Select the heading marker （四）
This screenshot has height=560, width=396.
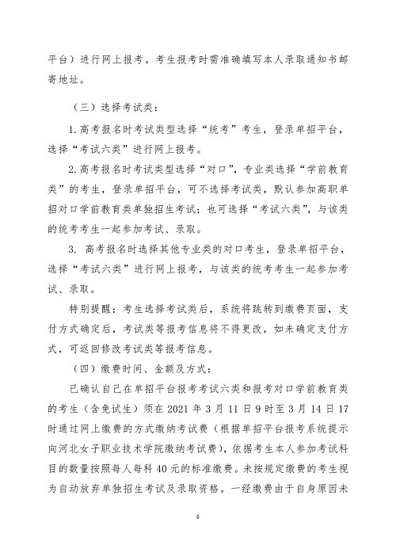[82, 368]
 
